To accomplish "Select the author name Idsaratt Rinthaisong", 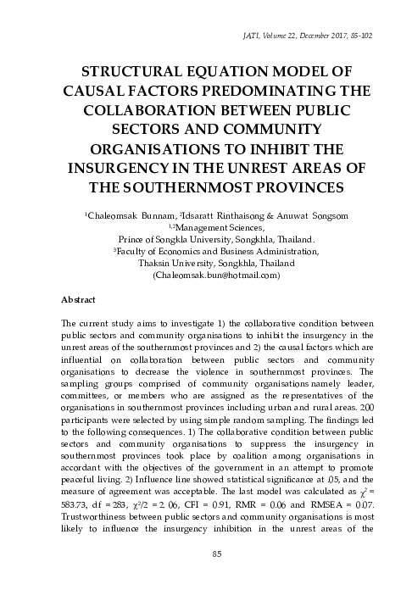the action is coord(219,215).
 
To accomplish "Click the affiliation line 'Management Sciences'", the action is coord(212,227).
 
